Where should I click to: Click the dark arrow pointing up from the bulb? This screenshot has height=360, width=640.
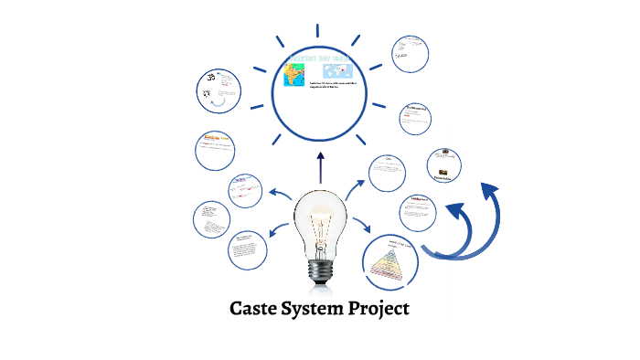coord(320,168)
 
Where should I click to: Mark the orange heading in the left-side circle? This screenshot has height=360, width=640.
coord(217,137)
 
